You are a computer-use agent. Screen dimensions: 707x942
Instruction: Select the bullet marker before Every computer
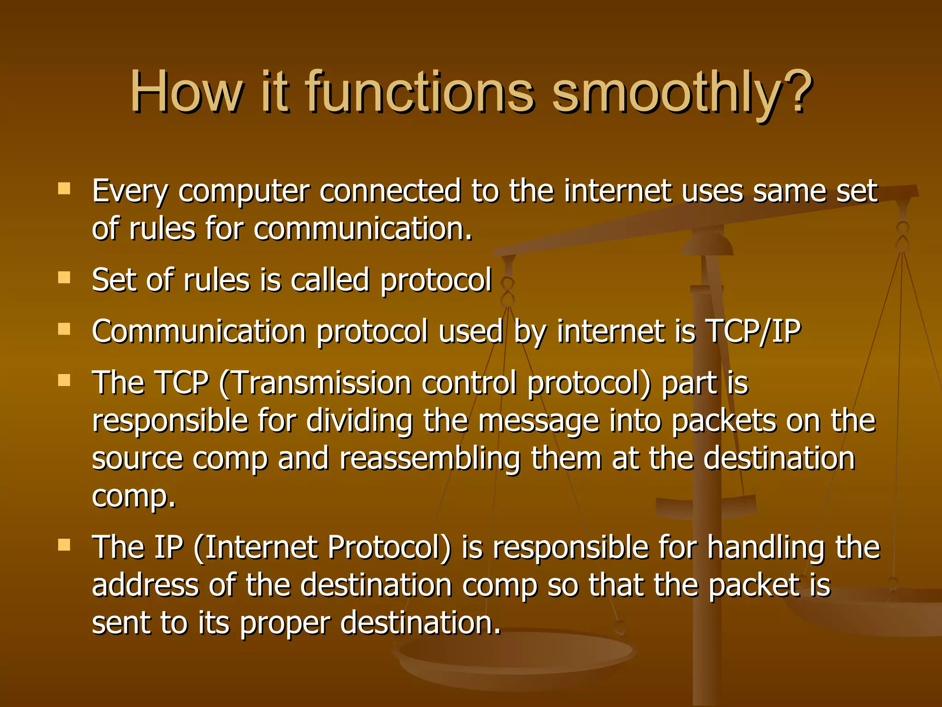pos(64,189)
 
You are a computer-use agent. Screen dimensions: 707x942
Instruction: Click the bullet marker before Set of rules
pos(64,278)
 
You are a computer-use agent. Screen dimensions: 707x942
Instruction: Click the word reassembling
pos(430,459)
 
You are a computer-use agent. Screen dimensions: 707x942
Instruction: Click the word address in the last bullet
pos(145,585)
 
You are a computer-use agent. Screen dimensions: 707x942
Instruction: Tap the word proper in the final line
pos(285,624)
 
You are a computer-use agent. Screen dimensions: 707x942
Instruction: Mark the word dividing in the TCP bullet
pos(359,421)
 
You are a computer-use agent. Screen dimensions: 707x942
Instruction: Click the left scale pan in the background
pos(515,654)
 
